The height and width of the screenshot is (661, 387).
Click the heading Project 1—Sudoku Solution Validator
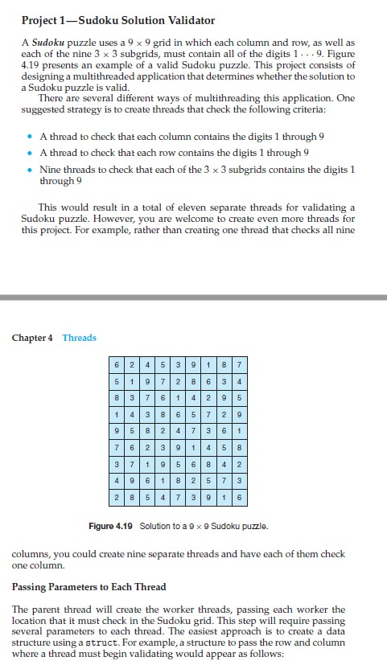coord(119,19)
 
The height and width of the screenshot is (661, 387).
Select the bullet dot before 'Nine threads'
coord(29,171)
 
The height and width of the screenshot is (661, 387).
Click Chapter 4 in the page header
coord(33,338)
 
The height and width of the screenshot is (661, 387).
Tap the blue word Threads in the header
coord(79,338)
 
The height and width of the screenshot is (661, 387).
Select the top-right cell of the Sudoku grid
coord(241,367)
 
